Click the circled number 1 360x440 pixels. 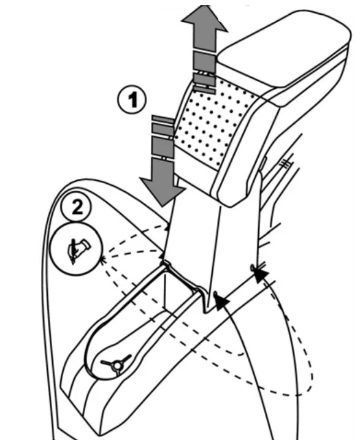coord(132,100)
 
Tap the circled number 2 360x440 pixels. coord(77,207)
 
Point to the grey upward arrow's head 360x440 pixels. coord(204,18)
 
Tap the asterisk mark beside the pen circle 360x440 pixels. coord(103,259)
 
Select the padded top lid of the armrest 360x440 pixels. coord(283,53)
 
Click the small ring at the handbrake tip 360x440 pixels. coord(117,366)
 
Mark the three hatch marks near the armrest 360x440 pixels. coord(286,163)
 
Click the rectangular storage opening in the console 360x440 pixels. coord(180,292)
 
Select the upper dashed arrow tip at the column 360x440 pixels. coord(168,227)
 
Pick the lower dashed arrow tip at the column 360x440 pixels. coord(163,254)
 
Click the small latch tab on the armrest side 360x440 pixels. coord(262,164)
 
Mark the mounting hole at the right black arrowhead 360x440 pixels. coord(253,268)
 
